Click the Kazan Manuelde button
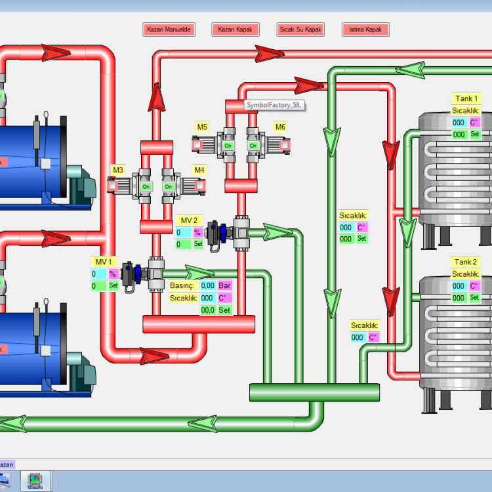point(169,30)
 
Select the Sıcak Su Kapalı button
point(300,30)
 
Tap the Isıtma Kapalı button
point(365,30)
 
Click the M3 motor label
point(117,171)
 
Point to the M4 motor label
point(199,171)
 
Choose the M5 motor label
point(202,127)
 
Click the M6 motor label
point(280,127)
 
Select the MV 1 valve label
point(104,262)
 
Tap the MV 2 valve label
point(189,220)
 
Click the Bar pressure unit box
point(225,285)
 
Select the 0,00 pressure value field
point(208,285)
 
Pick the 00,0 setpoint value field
point(208,310)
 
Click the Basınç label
point(182,285)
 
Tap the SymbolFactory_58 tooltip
point(276,105)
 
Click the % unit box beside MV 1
point(113,274)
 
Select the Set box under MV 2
point(197,245)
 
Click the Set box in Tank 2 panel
point(475,298)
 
